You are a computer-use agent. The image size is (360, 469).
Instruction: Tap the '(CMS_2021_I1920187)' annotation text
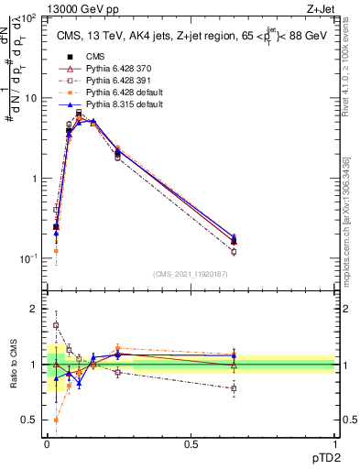click(191, 274)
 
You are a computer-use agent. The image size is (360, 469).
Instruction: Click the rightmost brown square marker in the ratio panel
click(234, 388)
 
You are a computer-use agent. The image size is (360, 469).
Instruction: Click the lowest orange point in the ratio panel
click(56, 420)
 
